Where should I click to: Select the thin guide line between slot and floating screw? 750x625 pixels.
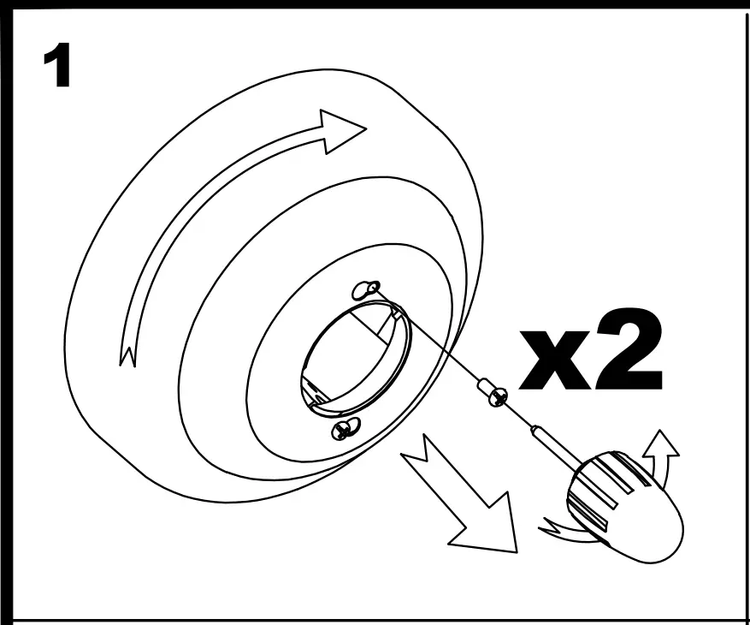[436, 338]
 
